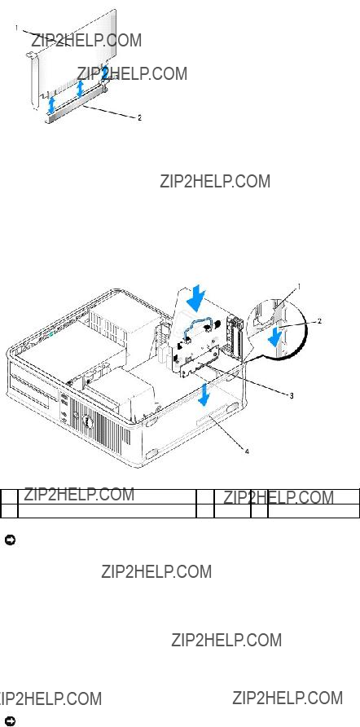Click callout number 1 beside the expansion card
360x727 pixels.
point(16,28)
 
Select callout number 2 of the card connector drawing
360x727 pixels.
point(139,117)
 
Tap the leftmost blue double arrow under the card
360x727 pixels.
point(52,105)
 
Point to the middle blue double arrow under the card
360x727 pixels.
point(81,89)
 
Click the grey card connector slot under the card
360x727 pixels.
point(77,105)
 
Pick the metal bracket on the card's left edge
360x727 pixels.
point(33,78)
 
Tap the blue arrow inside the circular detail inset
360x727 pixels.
point(275,336)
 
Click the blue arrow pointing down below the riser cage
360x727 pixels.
point(203,395)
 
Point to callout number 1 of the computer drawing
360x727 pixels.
point(299,287)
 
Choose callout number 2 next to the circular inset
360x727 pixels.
point(319,320)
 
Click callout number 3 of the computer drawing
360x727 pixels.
point(292,395)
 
